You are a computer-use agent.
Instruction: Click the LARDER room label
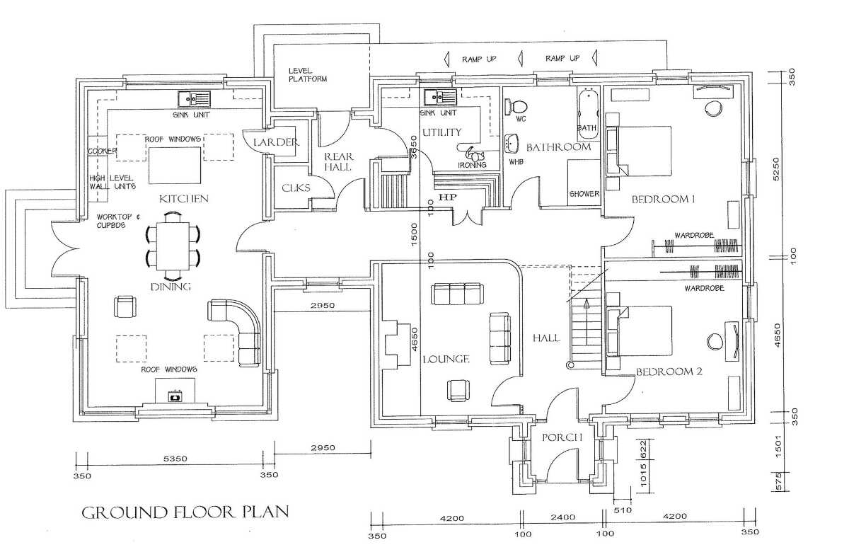277,142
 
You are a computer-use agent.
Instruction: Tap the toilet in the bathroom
516,105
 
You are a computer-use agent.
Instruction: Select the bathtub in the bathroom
588,109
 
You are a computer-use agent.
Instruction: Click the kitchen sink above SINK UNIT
194,99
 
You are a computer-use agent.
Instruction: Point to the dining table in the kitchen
173,246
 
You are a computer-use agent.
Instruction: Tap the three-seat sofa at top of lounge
457,294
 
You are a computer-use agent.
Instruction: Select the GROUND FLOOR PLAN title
185,512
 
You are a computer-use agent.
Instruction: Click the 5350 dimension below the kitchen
175,459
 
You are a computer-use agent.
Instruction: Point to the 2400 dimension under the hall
563,517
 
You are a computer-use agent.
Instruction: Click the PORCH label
562,437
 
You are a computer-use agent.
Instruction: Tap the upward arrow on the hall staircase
587,321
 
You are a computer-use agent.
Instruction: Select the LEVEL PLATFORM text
307,75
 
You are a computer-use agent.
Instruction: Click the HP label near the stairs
448,197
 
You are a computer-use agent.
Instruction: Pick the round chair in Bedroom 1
714,109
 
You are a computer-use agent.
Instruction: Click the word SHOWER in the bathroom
584,194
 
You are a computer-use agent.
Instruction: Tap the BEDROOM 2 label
669,372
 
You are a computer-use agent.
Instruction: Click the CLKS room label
296,188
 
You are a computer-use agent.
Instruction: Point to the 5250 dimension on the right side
775,168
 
